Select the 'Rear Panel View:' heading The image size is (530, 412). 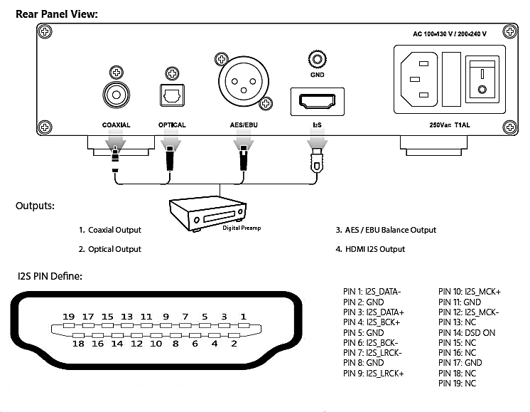tap(56, 14)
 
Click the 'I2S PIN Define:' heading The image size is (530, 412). tap(49, 275)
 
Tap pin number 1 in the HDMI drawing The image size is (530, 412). tap(243, 317)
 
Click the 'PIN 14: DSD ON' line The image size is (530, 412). tap(467, 332)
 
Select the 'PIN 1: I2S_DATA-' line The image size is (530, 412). tap(372, 292)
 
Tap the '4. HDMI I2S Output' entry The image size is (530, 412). tap(370, 249)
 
